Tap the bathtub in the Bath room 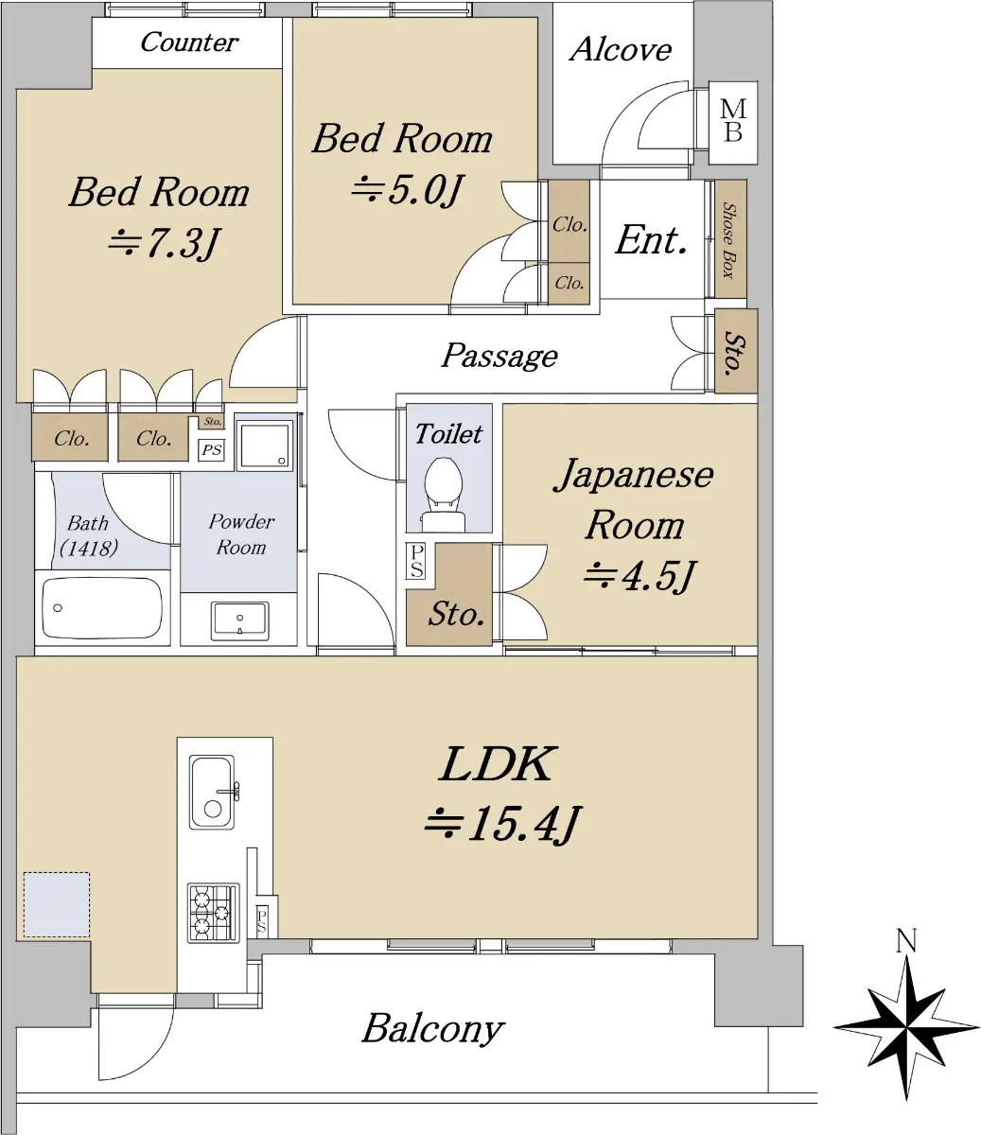102,608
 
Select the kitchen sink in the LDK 212,793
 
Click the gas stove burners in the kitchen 213,913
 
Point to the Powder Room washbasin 240,621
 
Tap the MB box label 733,121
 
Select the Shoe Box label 728,241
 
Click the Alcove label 621,49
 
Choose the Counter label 189,43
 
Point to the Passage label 499,356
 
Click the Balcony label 433,1028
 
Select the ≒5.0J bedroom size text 408,191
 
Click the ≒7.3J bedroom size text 165,242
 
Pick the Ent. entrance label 651,240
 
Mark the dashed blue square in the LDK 57,904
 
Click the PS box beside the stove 262,920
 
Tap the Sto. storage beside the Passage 736,352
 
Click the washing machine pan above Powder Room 265,445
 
